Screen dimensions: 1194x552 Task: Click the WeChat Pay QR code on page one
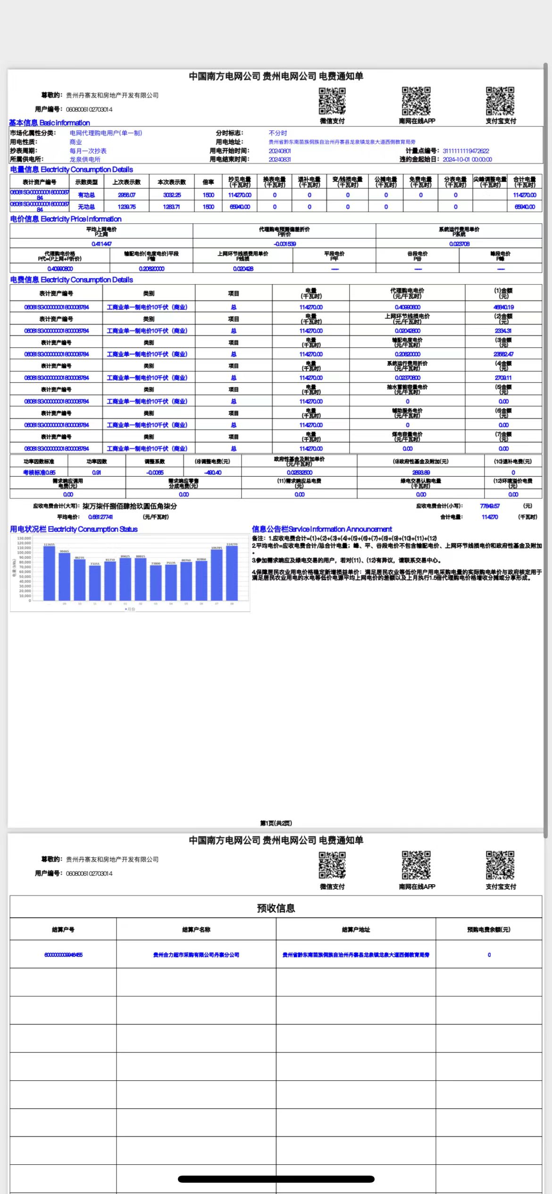(332, 101)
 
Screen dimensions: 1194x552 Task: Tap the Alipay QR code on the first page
(500, 101)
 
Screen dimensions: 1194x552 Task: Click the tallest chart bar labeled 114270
(232, 572)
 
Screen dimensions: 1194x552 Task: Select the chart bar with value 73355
(95, 583)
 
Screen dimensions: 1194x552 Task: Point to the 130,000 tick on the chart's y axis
(24, 538)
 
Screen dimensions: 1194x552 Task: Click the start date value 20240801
(280, 151)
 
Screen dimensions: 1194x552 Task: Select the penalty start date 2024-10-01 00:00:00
(467, 159)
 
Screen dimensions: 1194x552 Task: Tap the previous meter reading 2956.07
(126, 195)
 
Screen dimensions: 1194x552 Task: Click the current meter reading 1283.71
(171, 207)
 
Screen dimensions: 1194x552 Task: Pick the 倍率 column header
(208, 182)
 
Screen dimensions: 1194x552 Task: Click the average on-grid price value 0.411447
(101, 244)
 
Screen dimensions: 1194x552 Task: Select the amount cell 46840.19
(503, 307)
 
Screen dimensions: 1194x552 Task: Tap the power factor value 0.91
(96, 472)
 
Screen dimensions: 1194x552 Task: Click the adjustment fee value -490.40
(212, 472)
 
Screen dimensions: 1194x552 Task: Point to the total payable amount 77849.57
(490, 506)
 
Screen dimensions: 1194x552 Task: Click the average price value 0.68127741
(100, 517)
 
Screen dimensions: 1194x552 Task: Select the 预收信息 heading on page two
(276, 908)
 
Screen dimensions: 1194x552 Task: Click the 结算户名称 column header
(196, 929)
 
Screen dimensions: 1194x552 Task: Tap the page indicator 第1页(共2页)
(276, 823)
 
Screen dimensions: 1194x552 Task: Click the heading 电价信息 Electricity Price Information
(66, 219)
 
